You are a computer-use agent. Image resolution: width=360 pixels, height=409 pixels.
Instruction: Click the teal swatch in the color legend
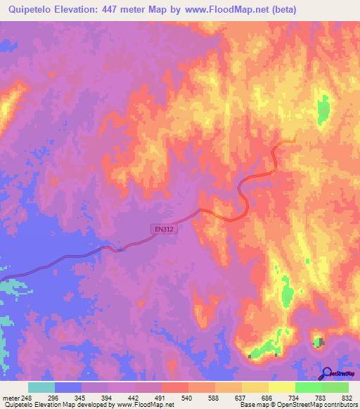41,387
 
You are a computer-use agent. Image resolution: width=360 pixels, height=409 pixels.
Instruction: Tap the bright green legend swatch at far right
335,387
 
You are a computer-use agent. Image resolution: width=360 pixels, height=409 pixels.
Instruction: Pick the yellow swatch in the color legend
281,387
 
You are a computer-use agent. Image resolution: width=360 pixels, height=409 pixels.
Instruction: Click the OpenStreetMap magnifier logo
326,373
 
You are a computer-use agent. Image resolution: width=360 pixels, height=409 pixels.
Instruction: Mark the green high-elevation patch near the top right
323,110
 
